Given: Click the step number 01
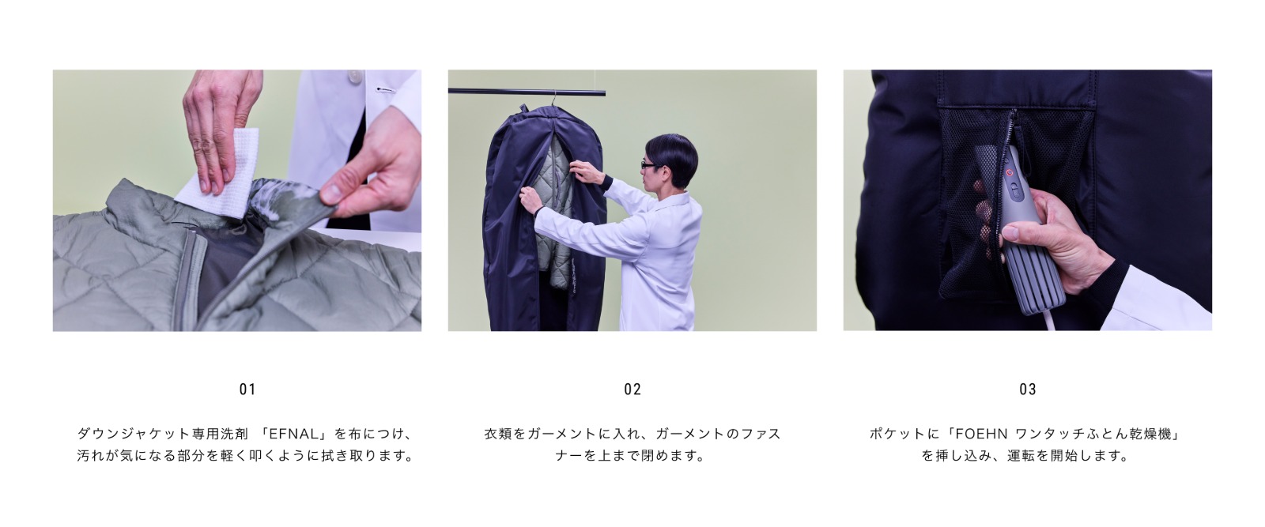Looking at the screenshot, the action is pos(247,390).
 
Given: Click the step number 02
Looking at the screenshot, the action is pos(632,390).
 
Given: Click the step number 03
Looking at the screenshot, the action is pos(1027,390).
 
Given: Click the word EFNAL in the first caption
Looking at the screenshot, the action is pos(295,434).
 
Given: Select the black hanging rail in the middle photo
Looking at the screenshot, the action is pos(527,92).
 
